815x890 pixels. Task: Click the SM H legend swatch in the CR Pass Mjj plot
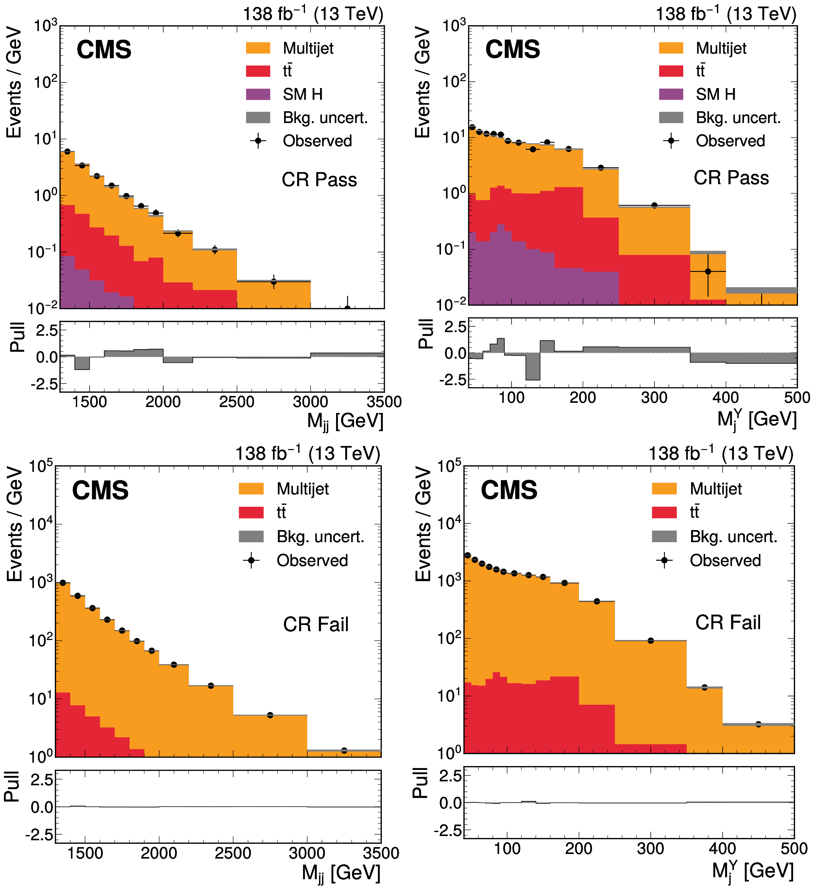tap(258, 94)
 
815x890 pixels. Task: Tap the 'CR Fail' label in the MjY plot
tap(728, 622)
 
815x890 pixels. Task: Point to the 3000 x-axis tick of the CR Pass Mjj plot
tap(311, 402)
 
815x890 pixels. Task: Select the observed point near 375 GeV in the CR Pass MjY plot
tap(708, 272)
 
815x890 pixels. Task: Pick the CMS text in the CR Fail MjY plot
tap(509, 490)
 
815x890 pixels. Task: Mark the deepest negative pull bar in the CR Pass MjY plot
tap(533, 366)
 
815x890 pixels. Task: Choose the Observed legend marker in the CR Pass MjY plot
tap(671, 141)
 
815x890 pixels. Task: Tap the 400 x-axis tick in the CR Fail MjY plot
tap(722, 848)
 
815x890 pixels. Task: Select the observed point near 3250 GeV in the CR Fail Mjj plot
tap(344, 751)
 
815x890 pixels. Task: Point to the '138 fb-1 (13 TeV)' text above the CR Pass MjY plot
tap(725, 14)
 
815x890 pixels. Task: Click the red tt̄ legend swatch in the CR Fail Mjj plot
tap(251, 512)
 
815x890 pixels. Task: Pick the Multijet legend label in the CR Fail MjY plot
tap(716, 489)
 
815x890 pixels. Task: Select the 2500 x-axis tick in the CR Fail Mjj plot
tap(233, 853)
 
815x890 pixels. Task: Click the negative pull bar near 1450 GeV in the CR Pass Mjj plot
tap(82, 363)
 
